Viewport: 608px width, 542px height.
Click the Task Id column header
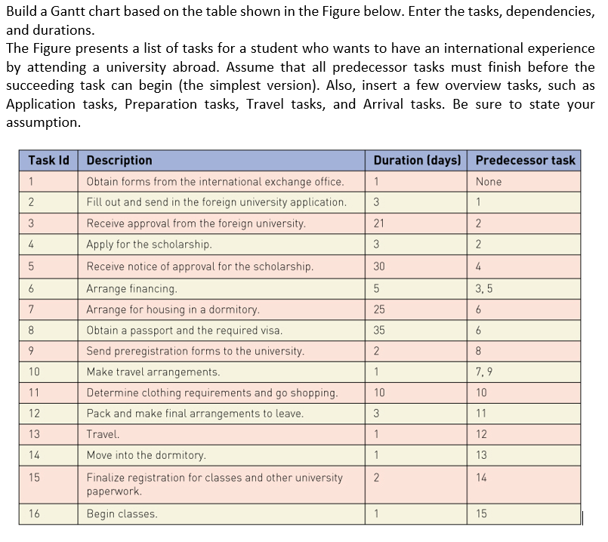pyautogui.click(x=48, y=160)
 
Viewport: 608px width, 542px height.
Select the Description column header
pyautogui.click(x=119, y=160)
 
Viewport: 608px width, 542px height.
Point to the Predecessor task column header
pyautogui.click(x=525, y=160)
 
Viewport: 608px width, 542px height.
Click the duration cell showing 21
pyautogui.click(x=378, y=223)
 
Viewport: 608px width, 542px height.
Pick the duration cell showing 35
pyautogui.click(x=379, y=330)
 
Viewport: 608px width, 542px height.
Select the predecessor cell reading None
pyautogui.click(x=489, y=181)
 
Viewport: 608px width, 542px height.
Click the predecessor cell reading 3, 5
pyautogui.click(x=485, y=288)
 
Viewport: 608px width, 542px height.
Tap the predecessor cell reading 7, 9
pyautogui.click(x=484, y=371)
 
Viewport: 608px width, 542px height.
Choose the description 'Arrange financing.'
pyautogui.click(x=132, y=288)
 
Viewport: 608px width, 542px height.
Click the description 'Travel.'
pyautogui.click(x=103, y=434)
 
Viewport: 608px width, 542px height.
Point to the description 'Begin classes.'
pyautogui.click(x=122, y=514)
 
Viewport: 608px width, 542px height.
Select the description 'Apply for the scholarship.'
pyautogui.click(x=149, y=245)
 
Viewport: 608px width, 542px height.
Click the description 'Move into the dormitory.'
pyautogui.click(x=146, y=455)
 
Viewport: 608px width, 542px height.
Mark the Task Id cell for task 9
pyautogui.click(x=31, y=351)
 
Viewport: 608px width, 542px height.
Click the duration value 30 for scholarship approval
pyautogui.click(x=379, y=266)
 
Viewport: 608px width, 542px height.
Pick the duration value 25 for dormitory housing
pyautogui.click(x=379, y=309)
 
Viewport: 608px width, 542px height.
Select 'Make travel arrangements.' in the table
pyautogui.click(x=153, y=371)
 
